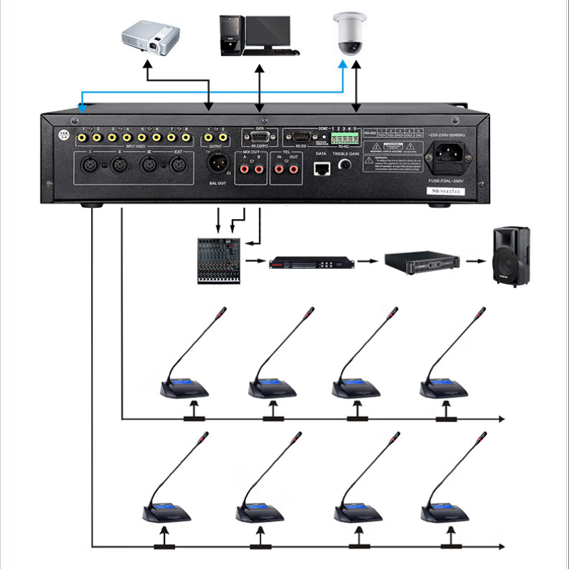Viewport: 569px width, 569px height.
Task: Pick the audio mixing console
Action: [x=218, y=260]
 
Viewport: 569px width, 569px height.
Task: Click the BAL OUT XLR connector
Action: [x=216, y=163]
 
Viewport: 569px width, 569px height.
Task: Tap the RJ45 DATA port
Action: [x=321, y=168]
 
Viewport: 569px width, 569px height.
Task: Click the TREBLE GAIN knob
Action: [x=346, y=165]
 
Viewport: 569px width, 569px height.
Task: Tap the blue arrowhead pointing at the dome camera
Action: [x=343, y=65]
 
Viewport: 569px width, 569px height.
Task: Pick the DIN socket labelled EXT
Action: [x=177, y=166]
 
